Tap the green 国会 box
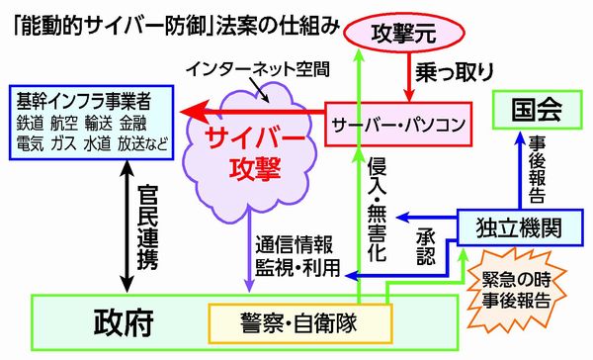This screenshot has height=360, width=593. point(539,107)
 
